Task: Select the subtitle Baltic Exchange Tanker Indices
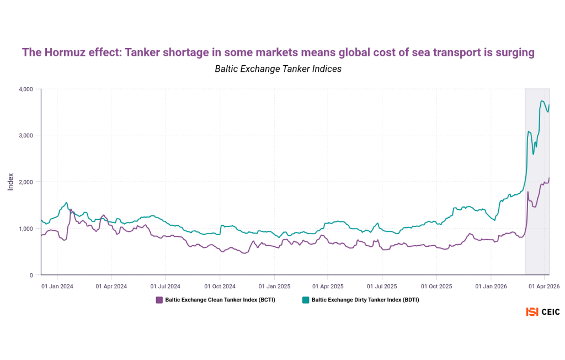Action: click(278, 69)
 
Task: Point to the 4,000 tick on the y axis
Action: click(26, 89)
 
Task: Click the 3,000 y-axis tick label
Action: click(26, 135)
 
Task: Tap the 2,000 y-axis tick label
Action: click(26, 182)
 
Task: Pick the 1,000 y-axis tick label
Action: click(26, 229)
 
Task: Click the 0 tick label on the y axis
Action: click(31, 275)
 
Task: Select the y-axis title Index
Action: click(10, 182)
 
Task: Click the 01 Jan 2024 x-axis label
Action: click(57, 287)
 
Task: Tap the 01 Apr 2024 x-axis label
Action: click(111, 287)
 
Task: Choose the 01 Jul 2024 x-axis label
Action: click(166, 287)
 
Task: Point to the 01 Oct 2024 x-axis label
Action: click(220, 287)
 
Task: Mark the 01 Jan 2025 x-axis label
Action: click(274, 287)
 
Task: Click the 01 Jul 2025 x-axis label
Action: click(382, 287)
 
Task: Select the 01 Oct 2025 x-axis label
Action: click(436, 287)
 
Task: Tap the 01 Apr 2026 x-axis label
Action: click(545, 287)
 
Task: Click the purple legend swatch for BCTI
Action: click(159, 300)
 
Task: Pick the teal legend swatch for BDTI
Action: click(306, 300)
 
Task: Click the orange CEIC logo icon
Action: click(532, 312)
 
